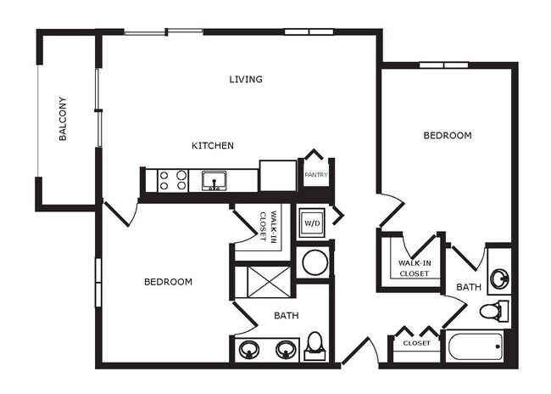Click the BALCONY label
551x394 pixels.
point(63,122)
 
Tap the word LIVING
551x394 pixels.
point(246,80)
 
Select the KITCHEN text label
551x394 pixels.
point(212,146)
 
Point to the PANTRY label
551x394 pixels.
point(316,176)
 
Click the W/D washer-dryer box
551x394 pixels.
point(311,222)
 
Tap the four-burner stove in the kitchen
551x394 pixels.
point(172,180)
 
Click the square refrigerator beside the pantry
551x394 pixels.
point(277,176)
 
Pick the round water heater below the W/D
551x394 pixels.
point(314,262)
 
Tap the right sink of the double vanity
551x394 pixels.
point(287,348)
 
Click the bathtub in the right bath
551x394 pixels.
point(477,346)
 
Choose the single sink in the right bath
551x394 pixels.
point(500,277)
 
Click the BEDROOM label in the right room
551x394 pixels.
point(448,136)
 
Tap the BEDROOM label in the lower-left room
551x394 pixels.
point(167,282)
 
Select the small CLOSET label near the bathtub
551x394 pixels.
point(416,343)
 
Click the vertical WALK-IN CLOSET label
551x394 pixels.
point(268,227)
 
